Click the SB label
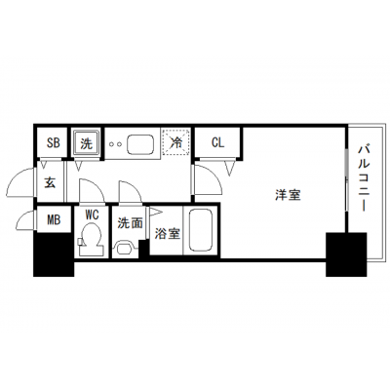54,142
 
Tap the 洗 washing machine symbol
86,143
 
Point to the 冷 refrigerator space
176,142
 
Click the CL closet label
217,142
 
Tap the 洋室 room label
288,195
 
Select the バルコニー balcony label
364,178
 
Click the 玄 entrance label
50,182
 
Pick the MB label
54,220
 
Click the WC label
92,214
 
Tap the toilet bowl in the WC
92,239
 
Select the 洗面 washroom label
130,223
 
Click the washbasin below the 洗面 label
125,249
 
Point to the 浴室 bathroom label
167,234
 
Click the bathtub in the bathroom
202,230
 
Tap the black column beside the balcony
346,254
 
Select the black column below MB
54,254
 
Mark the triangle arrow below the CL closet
230,168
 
